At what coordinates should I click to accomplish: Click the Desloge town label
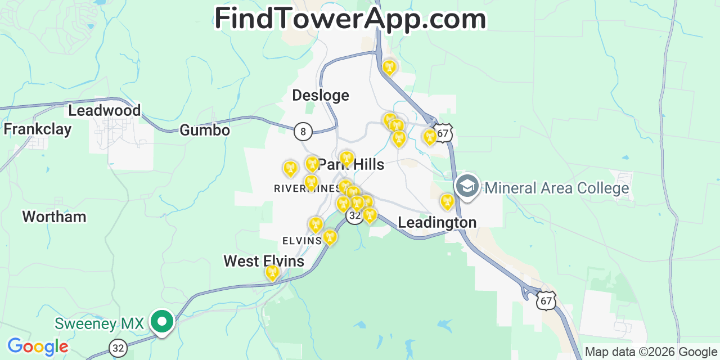click(321, 96)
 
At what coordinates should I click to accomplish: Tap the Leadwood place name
click(105, 110)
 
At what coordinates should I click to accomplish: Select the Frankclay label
click(38, 129)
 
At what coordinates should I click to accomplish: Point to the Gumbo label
click(205, 130)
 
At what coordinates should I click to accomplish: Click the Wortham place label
click(54, 217)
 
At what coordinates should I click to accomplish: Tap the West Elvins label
click(264, 261)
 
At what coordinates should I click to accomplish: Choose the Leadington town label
click(437, 223)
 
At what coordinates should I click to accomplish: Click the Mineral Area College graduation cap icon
click(467, 186)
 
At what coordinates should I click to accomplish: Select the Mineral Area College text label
click(557, 188)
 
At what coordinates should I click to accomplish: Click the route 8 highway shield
click(303, 132)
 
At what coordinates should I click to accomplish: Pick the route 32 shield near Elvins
click(354, 215)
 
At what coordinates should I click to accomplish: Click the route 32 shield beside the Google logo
click(118, 349)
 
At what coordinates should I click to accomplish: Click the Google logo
click(38, 346)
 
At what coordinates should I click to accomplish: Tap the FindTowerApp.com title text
click(350, 19)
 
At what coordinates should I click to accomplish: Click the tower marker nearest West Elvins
click(272, 273)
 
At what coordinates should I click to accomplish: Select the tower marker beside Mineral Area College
click(447, 201)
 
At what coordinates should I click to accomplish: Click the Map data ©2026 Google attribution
click(651, 352)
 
